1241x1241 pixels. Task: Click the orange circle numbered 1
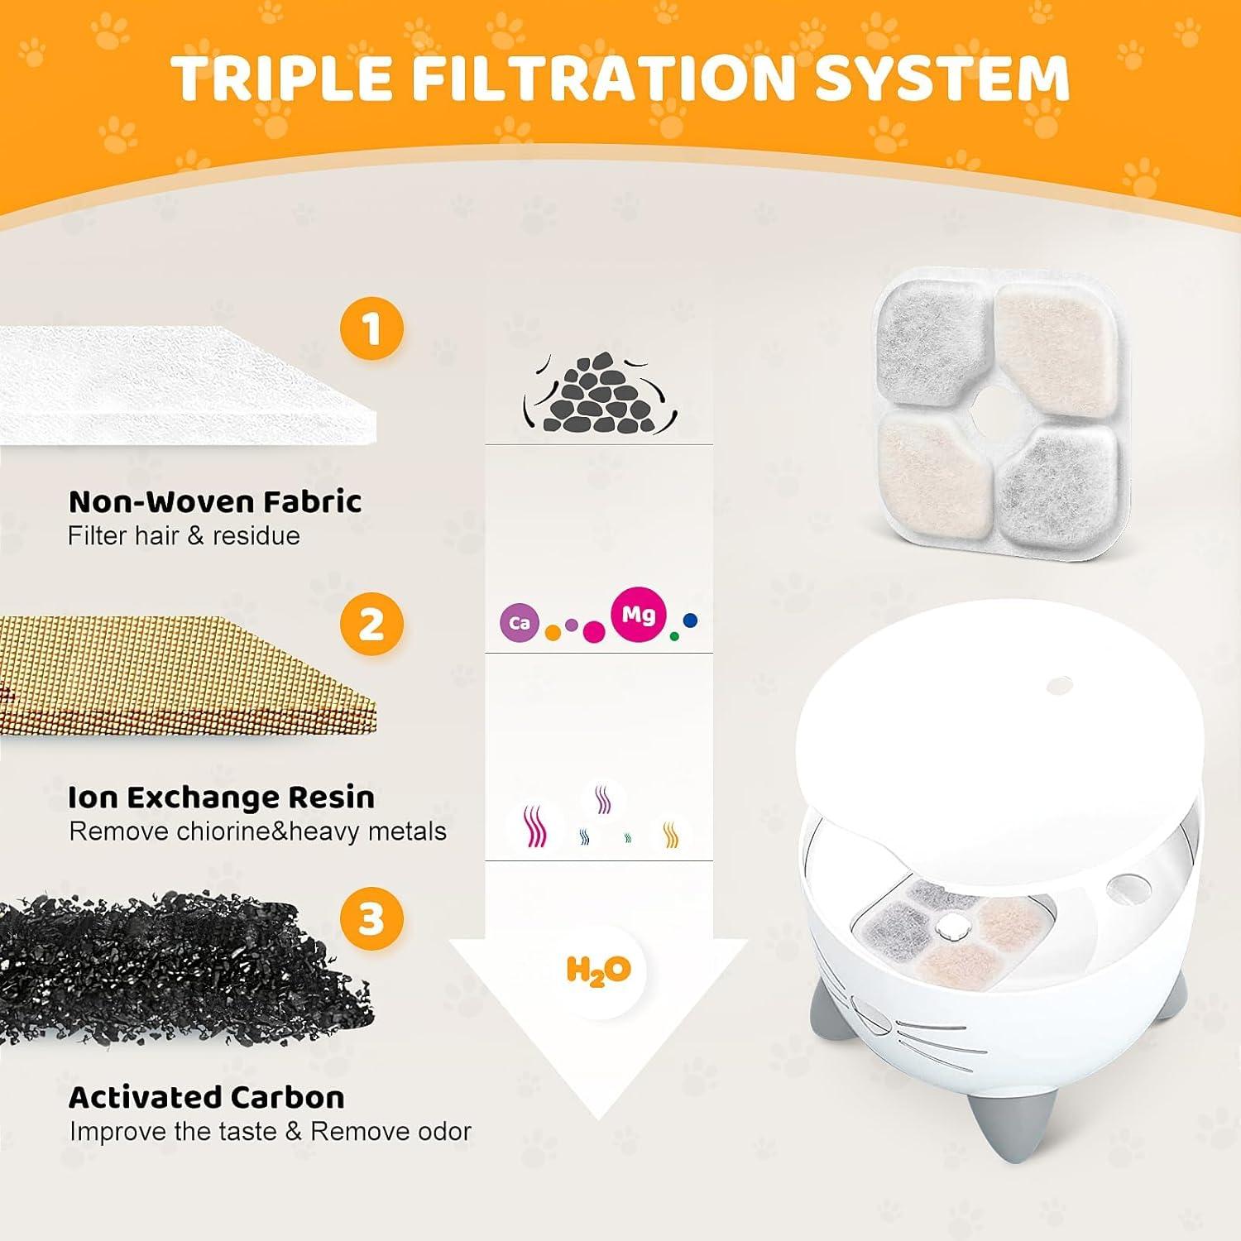point(371,328)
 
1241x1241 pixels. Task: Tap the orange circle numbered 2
point(371,624)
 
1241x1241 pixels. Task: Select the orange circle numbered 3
point(371,919)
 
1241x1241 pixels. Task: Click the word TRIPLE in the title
point(280,78)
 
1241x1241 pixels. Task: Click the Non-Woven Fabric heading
point(215,501)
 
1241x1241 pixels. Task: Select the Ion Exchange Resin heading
point(221,798)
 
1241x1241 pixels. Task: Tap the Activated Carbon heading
point(206,1097)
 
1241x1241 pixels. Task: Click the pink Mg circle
point(638,615)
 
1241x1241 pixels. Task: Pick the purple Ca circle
point(520,623)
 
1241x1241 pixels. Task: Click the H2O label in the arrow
point(598,970)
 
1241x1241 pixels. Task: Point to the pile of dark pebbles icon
point(599,395)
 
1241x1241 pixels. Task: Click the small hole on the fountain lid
point(1059,685)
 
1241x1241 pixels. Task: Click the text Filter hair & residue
point(184,536)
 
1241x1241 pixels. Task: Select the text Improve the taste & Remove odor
point(270,1132)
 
